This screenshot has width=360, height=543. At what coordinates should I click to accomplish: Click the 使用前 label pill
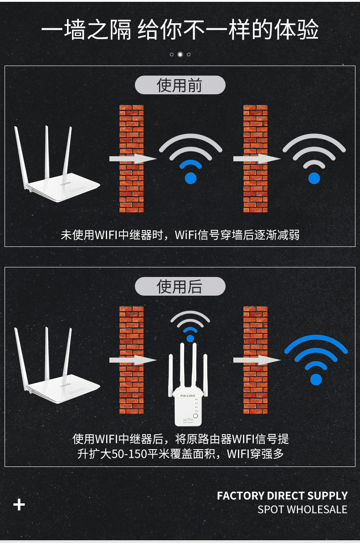coord(180,85)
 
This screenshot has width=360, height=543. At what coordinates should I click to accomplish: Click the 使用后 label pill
coord(180,287)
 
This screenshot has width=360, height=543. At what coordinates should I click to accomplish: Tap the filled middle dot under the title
coord(180,54)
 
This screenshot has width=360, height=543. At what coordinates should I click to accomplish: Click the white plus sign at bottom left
coord(19,505)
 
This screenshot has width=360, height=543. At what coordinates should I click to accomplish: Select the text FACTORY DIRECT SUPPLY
coord(282,496)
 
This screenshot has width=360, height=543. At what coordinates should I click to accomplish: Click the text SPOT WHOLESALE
coord(302,509)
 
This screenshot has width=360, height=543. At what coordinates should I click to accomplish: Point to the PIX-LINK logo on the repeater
coord(188,396)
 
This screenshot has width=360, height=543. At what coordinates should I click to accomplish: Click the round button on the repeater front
coord(195,416)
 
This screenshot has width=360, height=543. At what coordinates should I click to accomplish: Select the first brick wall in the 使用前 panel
coord(131,159)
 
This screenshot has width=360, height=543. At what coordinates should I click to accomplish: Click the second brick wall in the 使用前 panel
coord(255,159)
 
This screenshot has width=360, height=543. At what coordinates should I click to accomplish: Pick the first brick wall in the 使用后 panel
coord(131,360)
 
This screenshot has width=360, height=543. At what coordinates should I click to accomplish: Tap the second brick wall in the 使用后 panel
coord(255,360)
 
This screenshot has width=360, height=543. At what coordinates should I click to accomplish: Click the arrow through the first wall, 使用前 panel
coord(133,159)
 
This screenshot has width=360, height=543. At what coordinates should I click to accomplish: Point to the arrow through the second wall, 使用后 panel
coord(257,360)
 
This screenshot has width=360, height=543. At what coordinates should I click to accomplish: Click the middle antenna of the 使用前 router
coord(47,152)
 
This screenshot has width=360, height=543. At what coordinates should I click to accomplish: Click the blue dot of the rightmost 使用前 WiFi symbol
coord(314,178)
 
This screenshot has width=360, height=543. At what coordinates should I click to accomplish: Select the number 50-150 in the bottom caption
coord(129,454)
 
